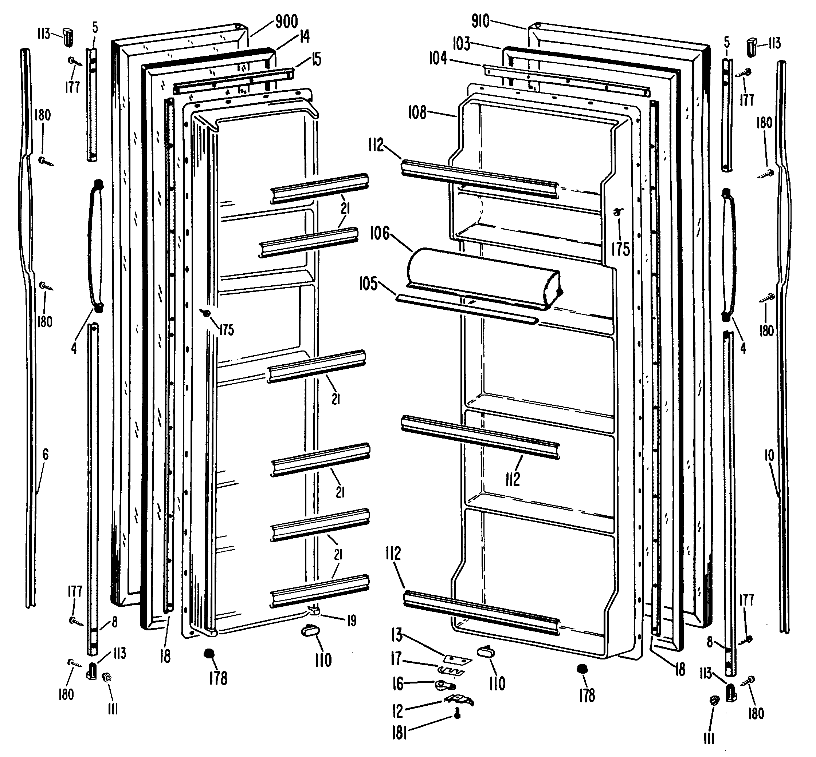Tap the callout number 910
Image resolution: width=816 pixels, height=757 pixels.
480,21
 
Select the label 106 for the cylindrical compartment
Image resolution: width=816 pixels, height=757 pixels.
380,234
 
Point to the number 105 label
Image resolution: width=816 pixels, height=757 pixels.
368,284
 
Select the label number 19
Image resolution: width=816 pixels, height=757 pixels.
352,621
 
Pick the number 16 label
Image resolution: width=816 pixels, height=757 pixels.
398,684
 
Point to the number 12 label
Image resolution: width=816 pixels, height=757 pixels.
397,711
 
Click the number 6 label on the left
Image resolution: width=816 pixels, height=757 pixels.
45,454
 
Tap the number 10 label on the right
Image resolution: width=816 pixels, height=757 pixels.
769,455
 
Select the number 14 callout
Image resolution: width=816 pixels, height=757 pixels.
304,36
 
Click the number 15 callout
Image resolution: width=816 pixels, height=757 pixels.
316,60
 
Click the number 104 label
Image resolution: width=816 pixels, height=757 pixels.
438,59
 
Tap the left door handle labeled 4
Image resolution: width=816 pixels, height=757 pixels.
95,246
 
